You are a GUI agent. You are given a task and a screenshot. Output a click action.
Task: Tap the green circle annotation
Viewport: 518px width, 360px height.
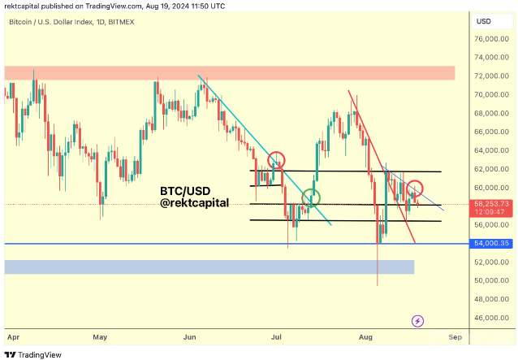tap(311, 197)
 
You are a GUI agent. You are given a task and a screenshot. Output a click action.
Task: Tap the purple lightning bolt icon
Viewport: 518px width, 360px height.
tap(418, 321)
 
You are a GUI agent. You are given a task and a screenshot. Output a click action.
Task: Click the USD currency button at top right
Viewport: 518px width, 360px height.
tap(483, 20)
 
